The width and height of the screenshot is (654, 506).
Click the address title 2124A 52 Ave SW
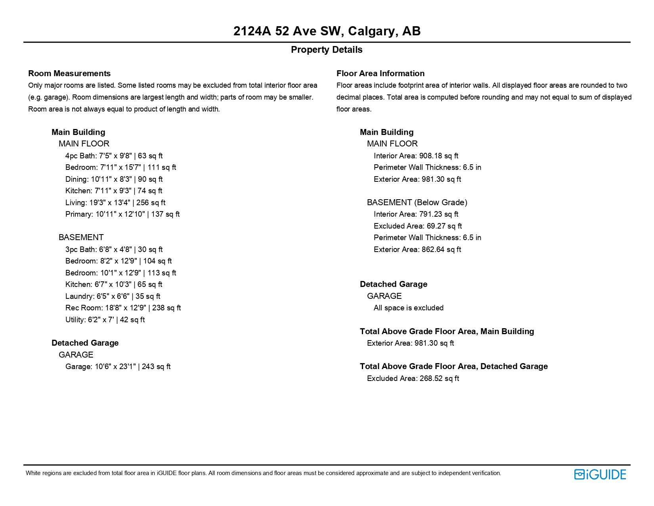[x=327, y=31]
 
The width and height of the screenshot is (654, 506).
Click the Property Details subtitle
[x=327, y=50]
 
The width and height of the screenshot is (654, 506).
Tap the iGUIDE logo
[x=600, y=474]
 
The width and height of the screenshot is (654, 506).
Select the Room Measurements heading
[x=69, y=73]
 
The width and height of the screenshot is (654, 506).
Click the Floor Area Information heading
[x=380, y=73]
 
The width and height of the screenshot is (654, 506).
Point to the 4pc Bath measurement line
[x=114, y=156]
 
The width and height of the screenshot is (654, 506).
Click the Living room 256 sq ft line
[x=115, y=202]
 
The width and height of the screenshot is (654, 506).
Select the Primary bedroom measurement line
[x=122, y=214]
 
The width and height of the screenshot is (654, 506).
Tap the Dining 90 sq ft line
[x=114, y=179]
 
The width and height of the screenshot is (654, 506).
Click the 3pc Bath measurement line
[x=114, y=249]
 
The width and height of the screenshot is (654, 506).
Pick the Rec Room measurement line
[x=123, y=308]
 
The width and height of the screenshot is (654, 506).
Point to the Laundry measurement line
[x=113, y=296]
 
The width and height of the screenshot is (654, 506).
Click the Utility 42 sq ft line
[x=105, y=319]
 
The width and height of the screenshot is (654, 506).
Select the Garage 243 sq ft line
[x=118, y=366]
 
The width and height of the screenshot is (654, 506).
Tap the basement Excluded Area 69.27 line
[x=417, y=226]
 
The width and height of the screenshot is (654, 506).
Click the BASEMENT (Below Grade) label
[x=417, y=202]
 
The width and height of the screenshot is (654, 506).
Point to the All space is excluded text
[x=408, y=308]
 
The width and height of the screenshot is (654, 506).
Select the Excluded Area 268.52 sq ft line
[x=413, y=378]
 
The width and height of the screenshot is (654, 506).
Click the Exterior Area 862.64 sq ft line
[x=417, y=249]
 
